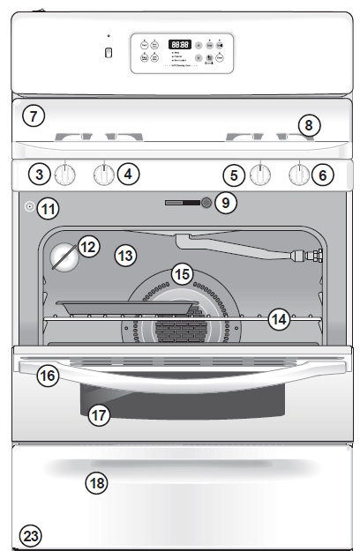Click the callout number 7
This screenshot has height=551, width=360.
pos(33,115)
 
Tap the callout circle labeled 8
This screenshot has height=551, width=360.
pos(307,125)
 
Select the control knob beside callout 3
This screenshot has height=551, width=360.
pos(64,174)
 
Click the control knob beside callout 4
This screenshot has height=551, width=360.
pos(104,175)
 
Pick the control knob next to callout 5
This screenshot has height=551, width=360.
pos(259,175)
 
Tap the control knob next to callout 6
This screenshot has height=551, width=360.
pos(300,175)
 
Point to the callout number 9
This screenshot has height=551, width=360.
pos(226,203)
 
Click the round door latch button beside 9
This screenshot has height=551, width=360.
pos(206,203)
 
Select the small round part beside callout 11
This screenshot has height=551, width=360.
pos(29,209)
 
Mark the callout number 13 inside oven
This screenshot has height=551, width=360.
pos(126,257)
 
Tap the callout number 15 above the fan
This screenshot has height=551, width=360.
pos(182,273)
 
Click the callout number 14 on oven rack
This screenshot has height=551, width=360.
pos(279,318)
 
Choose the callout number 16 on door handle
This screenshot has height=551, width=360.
pos(47,376)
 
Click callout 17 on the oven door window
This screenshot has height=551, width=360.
pos(100,413)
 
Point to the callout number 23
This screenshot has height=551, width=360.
pos(31,536)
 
